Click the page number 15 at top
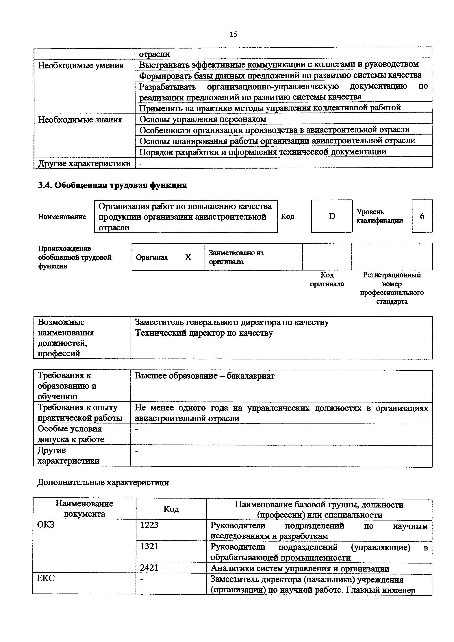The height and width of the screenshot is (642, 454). [x=233, y=34]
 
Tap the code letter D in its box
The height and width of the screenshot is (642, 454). [x=332, y=216]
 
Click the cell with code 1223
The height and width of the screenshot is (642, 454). [x=149, y=525]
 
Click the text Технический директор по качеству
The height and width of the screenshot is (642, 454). [x=204, y=333]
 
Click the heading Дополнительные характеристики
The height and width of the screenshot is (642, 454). [x=103, y=482]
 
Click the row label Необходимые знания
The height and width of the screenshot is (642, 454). [x=80, y=120]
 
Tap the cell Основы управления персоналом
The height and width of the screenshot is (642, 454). [x=203, y=119]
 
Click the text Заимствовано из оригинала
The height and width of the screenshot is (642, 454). [x=236, y=257]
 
